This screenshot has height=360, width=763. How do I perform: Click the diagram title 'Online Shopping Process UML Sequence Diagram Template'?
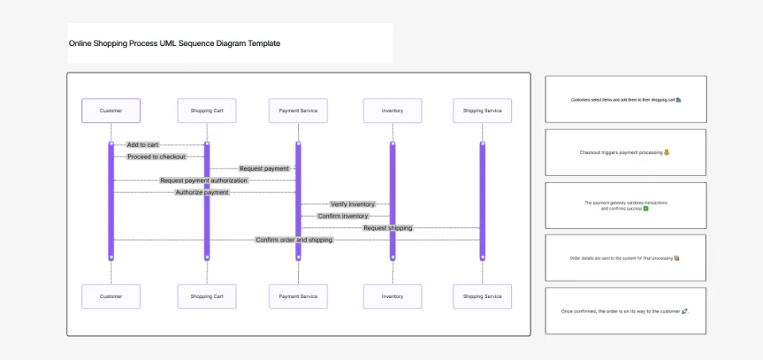[x=174, y=44]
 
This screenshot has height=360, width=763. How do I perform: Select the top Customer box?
[x=111, y=110]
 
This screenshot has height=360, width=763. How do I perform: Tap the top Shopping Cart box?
[x=207, y=110]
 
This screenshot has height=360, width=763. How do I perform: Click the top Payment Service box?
[x=298, y=110]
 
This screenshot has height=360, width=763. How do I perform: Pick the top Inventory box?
[x=393, y=110]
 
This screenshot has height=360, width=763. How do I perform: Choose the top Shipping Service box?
[x=482, y=110]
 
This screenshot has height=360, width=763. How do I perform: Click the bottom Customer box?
[x=111, y=296]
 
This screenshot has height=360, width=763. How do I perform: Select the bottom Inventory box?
[x=393, y=296]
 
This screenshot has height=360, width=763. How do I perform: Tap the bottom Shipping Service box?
[x=482, y=296]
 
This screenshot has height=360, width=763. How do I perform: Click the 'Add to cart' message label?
[x=142, y=145]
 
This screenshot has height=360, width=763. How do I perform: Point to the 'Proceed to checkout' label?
[x=156, y=157]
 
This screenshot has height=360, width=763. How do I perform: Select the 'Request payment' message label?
[x=264, y=168]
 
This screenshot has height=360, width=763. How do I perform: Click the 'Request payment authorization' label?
[x=204, y=180]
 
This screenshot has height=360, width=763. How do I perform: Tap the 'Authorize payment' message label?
[x=202, y=192]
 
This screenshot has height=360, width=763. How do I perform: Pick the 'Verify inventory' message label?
[x=352, y=204]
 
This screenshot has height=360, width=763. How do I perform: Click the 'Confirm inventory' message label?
[x=343, y=216]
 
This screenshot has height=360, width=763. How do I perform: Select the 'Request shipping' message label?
[x=388, y=228]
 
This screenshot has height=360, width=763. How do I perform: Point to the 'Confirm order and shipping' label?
[x=294, y=240]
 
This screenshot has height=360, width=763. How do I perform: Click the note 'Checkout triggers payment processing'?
[x=626, y=152]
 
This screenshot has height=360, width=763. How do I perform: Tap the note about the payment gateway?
[x=626, y=205]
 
